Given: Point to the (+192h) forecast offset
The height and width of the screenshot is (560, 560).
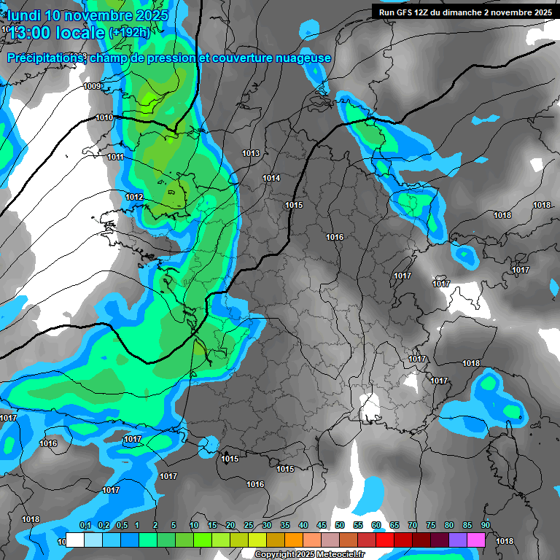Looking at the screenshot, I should (x=129, y=32).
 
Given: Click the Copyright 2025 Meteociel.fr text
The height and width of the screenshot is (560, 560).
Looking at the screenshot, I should (x=309, y=554).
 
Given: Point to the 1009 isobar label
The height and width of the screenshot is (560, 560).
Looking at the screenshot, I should (x=93, y=87).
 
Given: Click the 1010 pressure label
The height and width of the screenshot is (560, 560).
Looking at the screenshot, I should (x=104, y=117).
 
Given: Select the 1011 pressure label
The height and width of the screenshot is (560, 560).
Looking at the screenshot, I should (x=115, y=157).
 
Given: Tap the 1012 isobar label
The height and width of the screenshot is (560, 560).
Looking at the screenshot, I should (x=134, y=198).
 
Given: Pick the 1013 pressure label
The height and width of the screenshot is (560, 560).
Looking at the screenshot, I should (x=251, y=153).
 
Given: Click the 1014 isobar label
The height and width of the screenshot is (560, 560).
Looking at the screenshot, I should (x=272, y=178).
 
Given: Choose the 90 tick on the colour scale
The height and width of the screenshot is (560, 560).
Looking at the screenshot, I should (x=485, y=526).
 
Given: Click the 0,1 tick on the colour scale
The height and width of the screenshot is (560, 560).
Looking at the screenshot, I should (x=85, y=526).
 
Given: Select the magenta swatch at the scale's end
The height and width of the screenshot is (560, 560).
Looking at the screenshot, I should (x=476, y=540).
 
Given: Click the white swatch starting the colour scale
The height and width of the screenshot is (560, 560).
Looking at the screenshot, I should (x=74, y=540).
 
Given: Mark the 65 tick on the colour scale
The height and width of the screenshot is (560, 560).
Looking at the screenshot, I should (x=394, y=526).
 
